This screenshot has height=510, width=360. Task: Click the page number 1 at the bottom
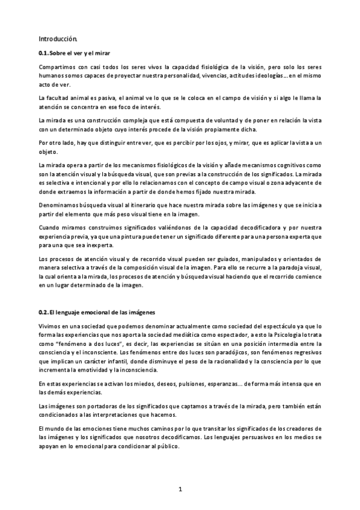(180, 490)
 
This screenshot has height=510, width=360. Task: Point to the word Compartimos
(56, 66)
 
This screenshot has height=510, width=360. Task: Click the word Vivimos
(50, 325)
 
